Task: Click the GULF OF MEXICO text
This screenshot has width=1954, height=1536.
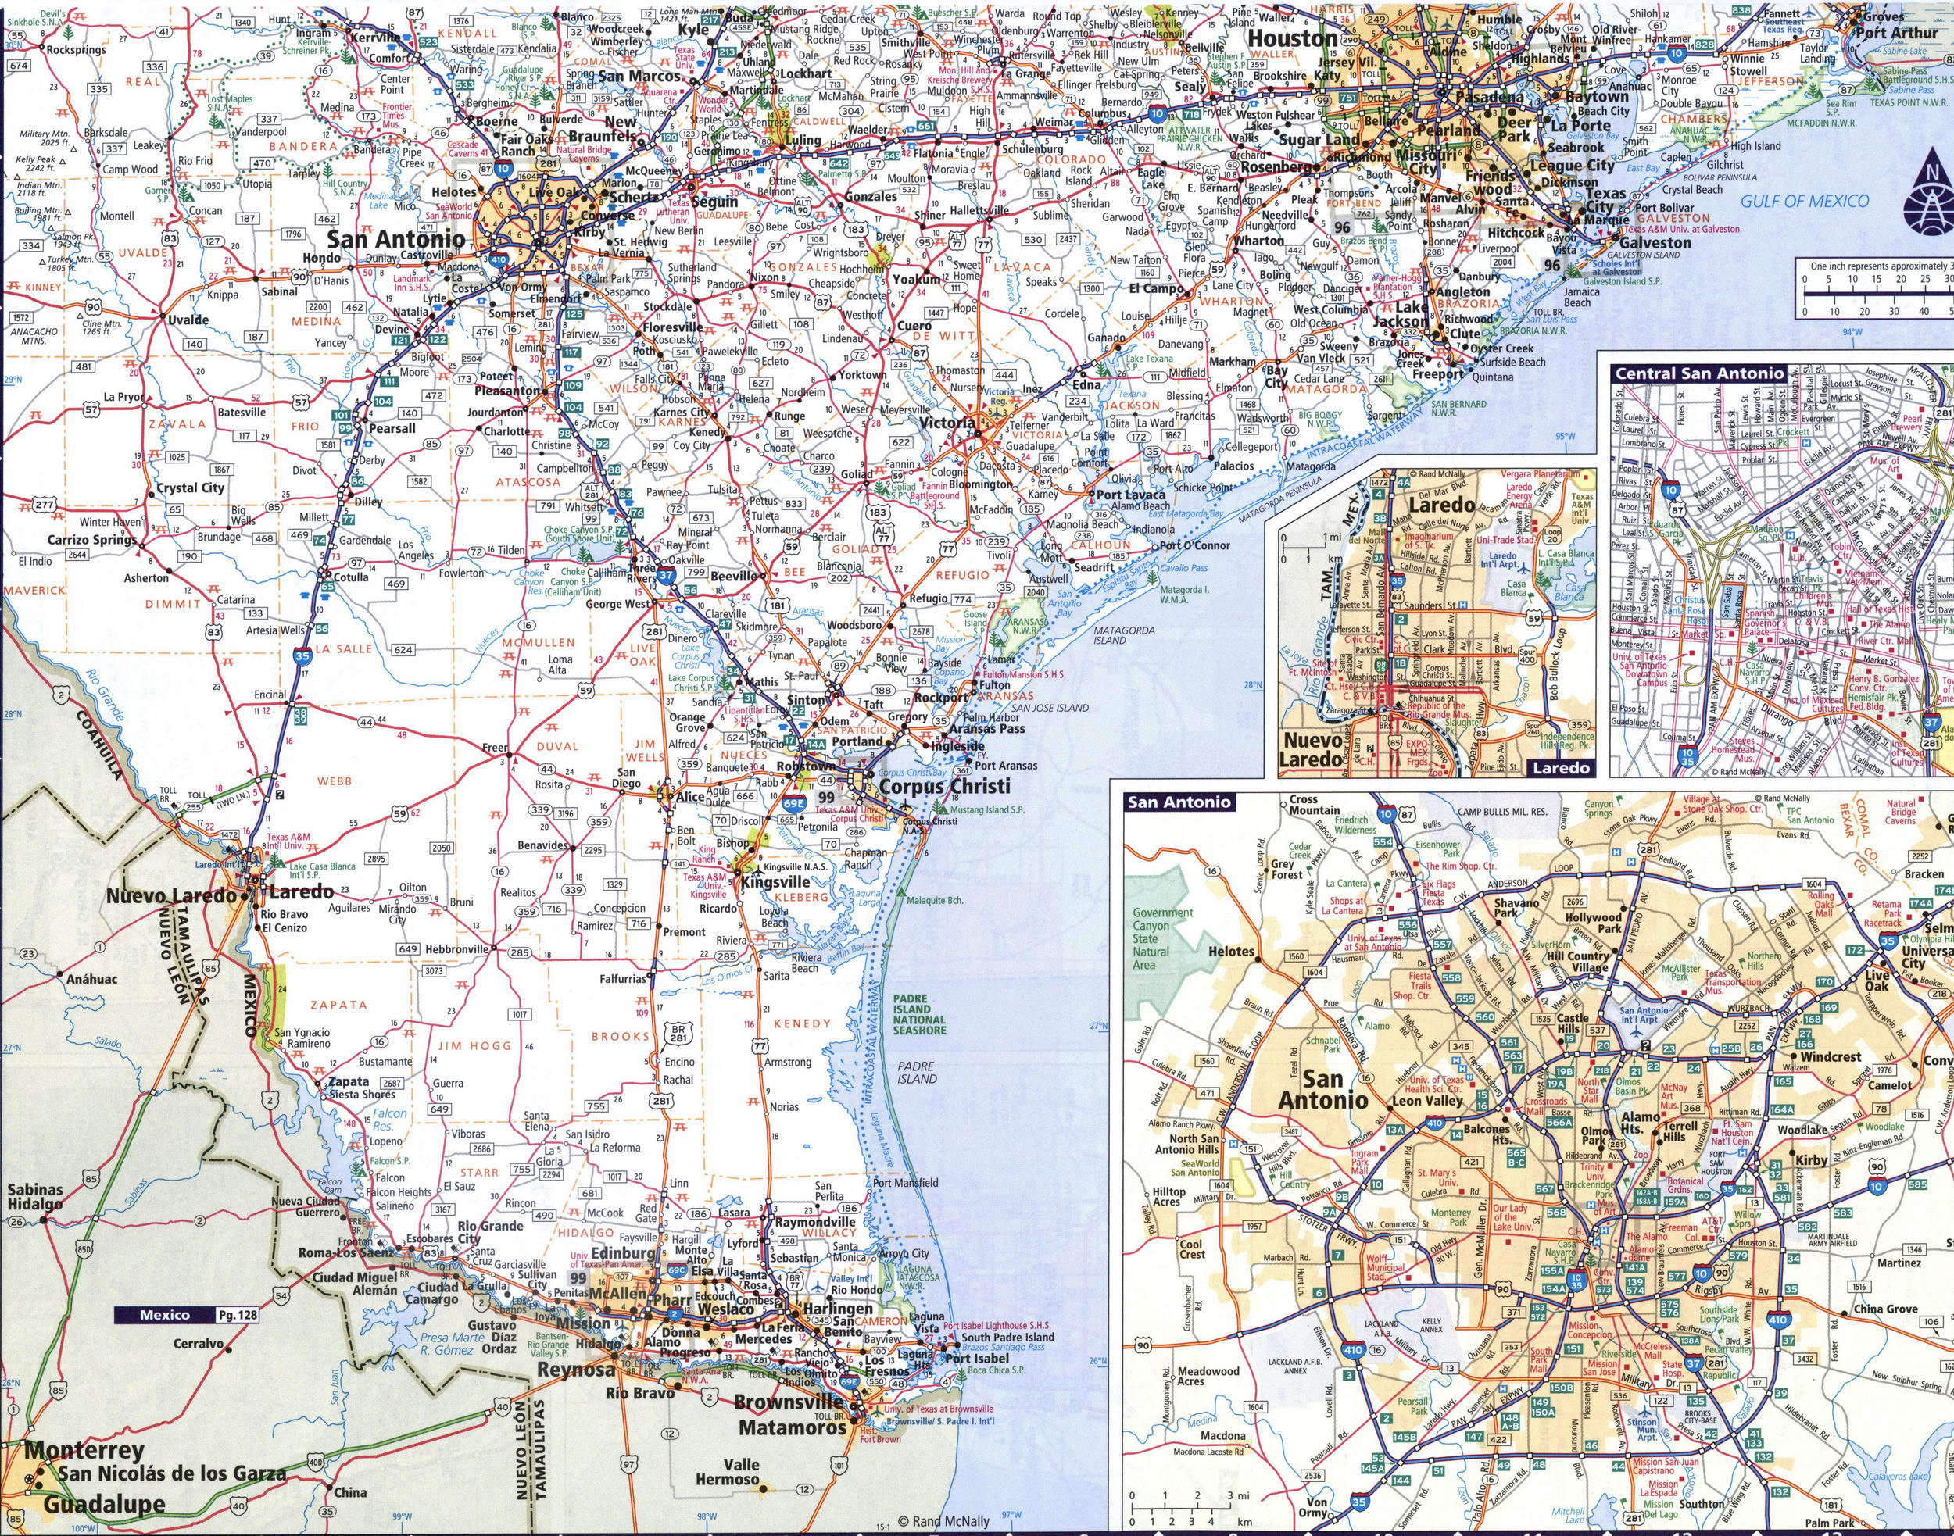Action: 1804,201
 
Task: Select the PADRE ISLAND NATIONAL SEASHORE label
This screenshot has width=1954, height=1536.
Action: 918,1013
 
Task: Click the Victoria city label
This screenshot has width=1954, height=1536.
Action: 946,422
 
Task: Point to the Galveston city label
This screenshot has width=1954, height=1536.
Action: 1655,243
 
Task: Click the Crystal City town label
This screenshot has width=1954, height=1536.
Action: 190,488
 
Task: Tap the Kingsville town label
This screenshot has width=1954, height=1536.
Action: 775,882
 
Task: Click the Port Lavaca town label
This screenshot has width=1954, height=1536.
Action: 1130,494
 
